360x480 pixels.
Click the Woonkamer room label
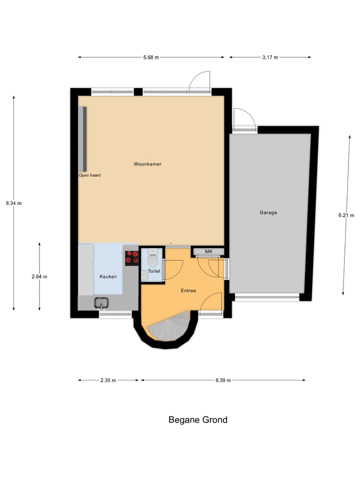(147, 164)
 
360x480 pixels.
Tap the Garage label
(268, 212)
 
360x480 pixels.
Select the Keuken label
(108, 276)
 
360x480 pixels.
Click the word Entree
(188, 290)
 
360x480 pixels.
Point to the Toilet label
(154, 271)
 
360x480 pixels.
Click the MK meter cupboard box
(208, 251)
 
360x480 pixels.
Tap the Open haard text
(89, 175)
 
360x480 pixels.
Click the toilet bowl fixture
(153, 260)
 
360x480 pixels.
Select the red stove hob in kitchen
(132, 257)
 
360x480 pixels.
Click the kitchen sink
(101, 302)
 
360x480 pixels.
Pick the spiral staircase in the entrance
(168, 328)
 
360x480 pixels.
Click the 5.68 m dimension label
(151, 57)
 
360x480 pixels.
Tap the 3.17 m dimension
(270, 57)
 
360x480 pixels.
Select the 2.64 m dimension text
(39, 276)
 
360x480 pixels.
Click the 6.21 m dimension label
(346, 215)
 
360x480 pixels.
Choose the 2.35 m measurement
(108, 380)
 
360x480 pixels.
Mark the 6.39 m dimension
(223, 380)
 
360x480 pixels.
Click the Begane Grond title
(197, 420)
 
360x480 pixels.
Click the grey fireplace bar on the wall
(84, 139)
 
